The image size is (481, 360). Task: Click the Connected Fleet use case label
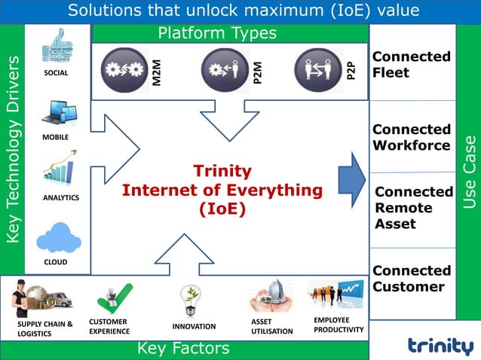coord(411,65)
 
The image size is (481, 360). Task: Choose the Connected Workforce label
coord(411,137)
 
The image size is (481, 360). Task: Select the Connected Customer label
coord(411,279)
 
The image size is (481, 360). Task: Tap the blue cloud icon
coord(58,237)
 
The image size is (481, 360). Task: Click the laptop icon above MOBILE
coord(59,112)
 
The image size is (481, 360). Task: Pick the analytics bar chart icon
coord(59,169)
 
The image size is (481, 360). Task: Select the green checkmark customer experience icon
coord(114,298)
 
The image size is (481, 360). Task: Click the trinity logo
coord(440,344)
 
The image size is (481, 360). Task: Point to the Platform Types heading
coord(216,33)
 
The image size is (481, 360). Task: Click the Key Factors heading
coord(183,349)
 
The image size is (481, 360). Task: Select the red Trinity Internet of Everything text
coord(222,190)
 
